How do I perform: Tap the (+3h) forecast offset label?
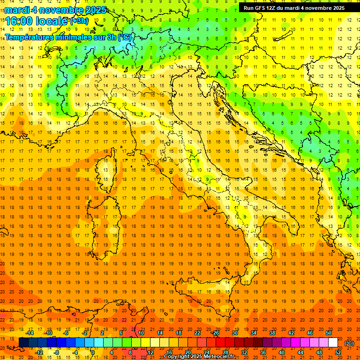79,21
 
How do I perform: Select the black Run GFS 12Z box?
293,7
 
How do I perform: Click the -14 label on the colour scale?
30,333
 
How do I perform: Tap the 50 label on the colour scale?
329,333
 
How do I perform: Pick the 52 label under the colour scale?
337,352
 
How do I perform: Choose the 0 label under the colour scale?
93,352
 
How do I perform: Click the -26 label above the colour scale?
215,333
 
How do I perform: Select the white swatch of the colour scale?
333,343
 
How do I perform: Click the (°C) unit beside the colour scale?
349,343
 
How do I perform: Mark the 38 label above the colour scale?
272,333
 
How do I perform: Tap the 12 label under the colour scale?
150,352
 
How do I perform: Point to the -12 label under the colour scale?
39,352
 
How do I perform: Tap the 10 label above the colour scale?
141,333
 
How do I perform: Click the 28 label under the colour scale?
225,352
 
